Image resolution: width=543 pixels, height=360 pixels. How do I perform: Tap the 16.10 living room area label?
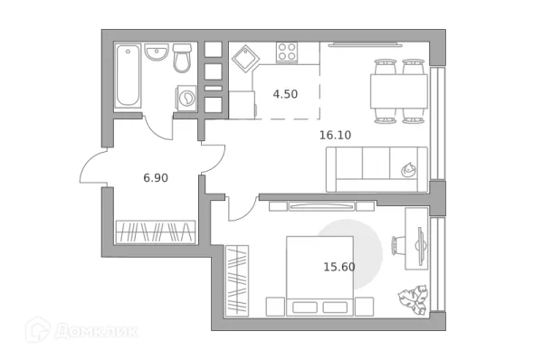[334, 135]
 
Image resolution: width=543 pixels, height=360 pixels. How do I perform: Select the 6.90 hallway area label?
[156, 178]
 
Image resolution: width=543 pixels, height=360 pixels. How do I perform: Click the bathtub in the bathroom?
[128, 76]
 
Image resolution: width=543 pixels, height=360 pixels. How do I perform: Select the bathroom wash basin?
[157, 54]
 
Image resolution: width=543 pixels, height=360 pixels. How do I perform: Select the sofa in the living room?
[376, 169]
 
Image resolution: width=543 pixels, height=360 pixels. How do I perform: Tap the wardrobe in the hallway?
[156, 230]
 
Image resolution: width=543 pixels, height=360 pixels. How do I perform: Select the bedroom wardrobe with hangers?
[238, 279]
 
